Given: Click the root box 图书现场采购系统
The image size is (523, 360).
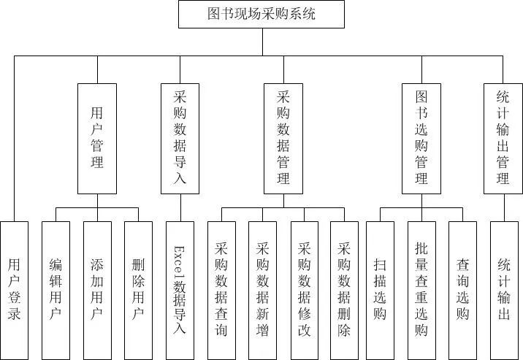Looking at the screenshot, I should tap(261, 14).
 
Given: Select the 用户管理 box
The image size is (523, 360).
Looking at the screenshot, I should tap(97, 139).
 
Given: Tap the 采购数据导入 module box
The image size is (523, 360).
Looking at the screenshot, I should tap(180, 139).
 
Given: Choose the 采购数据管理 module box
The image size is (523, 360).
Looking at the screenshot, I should tap(283, 139).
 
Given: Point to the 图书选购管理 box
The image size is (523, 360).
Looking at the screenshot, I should tap(421, 139).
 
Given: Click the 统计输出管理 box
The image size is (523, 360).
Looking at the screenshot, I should tap(503, 139).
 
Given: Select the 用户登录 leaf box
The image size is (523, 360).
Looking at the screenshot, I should tap(15, 290).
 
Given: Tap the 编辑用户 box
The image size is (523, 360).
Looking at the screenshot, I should tap(56, 290).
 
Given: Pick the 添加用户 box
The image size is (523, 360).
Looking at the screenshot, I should tap(97, 290).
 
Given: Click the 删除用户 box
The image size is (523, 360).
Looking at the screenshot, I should tap(139, 290).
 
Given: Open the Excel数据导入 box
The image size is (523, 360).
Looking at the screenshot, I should tap(180, 290).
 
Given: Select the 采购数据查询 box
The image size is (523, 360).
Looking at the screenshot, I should tap(222, 290).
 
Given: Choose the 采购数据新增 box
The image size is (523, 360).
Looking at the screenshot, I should tap(263, 290).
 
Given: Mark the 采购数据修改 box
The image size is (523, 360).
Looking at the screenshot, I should tap(305, 290).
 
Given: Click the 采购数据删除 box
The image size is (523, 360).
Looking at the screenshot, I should tap(345, 290).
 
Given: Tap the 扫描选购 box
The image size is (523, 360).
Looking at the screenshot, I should tap(380, 290).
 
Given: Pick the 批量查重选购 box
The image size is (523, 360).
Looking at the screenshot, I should tap(421, 290).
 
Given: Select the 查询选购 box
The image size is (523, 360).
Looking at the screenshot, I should tap(462, 290).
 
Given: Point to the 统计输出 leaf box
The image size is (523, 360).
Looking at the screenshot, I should tap(503, 290).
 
